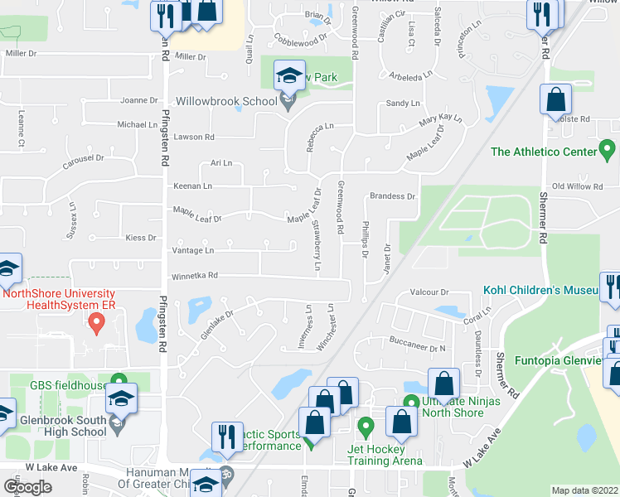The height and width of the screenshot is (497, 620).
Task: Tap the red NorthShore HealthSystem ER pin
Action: coord(96,325)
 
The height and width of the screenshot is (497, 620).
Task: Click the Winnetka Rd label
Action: coord(194,276)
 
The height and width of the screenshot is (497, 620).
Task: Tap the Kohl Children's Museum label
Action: coord(541,292)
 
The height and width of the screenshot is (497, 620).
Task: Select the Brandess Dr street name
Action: coord(392,196)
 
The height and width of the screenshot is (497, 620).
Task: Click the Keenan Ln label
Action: coord(192,186)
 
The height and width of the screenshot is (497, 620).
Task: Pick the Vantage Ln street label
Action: coord(192,249)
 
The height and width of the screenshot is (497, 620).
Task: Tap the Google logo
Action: coord(27,486)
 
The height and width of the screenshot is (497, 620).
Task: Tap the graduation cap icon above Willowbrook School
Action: coord(289,76)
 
